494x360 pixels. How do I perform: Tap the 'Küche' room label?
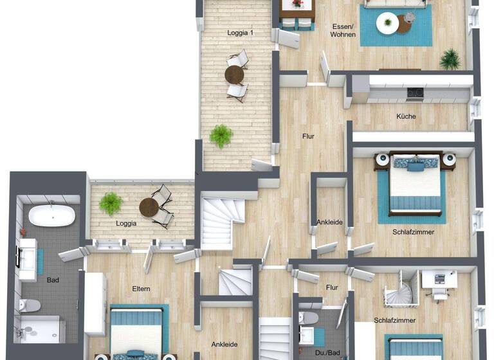[x=406, y=116]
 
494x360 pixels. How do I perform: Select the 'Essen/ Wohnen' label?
[x=343, y=30]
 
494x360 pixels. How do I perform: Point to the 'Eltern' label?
[x=141, y=289]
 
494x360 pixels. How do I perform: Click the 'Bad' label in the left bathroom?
[x=53, y=280]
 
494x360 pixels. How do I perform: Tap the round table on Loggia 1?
[x=234, y=75]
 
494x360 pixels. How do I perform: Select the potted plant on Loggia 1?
[x=221, y=136]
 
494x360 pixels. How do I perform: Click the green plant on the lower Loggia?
[x=111, y=204]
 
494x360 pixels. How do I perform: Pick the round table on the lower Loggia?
[x=150, y=207]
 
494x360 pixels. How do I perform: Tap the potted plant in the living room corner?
[x=450, y=59]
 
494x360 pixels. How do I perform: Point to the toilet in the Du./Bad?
[x=309, y=318]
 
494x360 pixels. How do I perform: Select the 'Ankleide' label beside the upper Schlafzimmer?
[x=329, y=222]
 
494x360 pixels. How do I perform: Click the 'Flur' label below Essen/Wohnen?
[x=309, y=136]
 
